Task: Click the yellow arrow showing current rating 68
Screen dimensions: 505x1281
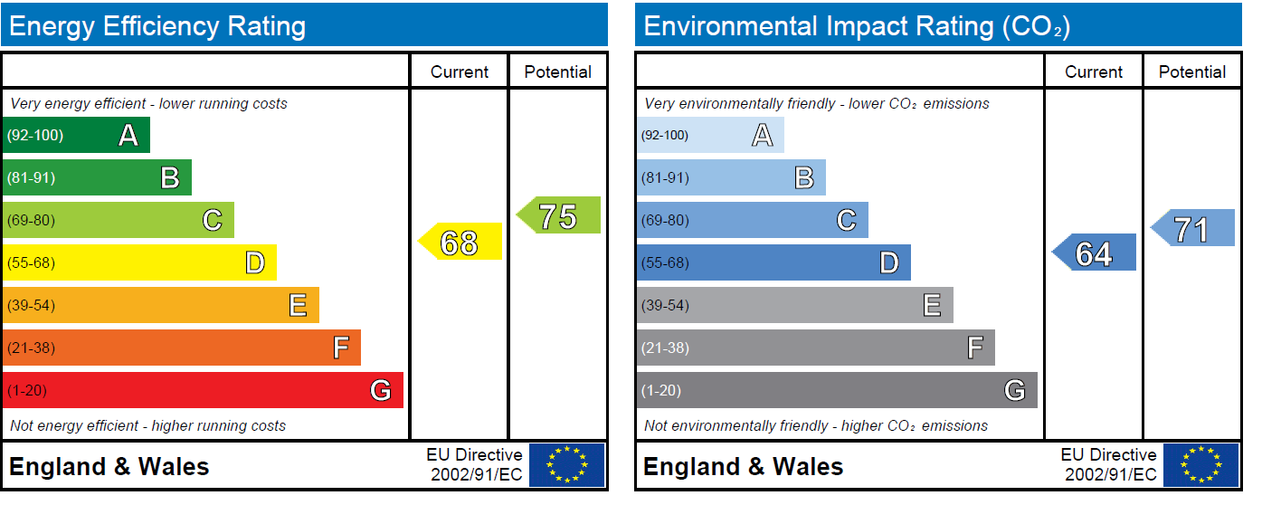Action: [x=460, y=242]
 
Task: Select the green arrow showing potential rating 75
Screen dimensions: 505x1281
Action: [x=559, y=215]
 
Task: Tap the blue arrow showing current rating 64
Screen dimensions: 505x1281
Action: [x=1095, y=252]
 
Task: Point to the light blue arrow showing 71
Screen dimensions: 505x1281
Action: [x=1193, y=228]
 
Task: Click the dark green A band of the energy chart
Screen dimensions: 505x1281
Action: [x=76, y=136]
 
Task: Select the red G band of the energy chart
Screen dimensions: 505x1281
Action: [x=203, y=390]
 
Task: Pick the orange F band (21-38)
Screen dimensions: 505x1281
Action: [x=181, y=348]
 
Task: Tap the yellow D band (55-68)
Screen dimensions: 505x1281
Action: [x=139, y=262]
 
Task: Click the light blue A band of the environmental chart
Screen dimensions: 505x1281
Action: [x=710, y=136]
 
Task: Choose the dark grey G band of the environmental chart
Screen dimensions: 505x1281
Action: [x=837, y=390]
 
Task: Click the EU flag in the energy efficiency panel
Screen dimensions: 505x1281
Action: [x=567, y=465]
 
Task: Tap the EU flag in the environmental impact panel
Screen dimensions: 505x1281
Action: [x=1201, y=465]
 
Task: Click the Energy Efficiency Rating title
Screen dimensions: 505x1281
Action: [x=157, y=25]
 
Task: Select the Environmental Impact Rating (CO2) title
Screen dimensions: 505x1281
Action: [x=856, y=25]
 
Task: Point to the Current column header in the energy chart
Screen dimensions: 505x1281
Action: [x=460, y=72]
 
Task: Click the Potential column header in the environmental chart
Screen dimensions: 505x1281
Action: [x=1192, y=72]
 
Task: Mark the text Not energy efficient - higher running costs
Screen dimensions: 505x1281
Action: [x=147, y=425]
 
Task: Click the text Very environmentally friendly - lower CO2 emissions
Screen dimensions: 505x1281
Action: [x=817, y=103]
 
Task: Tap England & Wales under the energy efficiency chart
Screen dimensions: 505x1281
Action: [x=109, y=467]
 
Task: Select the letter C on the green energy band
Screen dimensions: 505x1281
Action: [x=213, y=220]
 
